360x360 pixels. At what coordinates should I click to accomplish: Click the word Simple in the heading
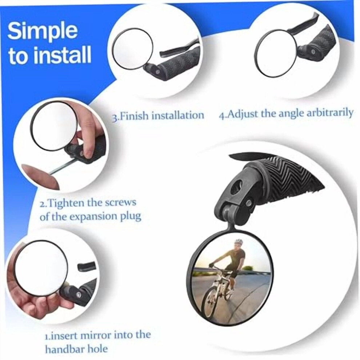pos(43,31)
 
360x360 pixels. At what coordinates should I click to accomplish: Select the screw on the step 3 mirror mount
pos(157,72)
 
